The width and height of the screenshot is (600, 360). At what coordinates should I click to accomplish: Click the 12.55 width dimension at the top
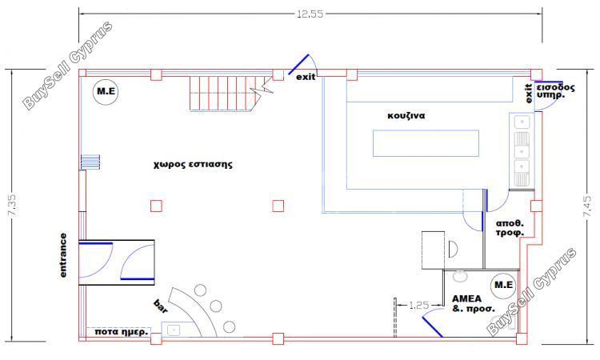pyautogui.click(x=310, y=14)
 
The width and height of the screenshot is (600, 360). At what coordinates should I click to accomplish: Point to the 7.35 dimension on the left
pyautogui.click(x=12, y=206)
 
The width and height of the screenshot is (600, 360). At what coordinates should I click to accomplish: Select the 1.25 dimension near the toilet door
pyautogui.click(x=418, y=306)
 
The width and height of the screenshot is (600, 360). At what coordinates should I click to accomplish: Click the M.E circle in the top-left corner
pyautogui.click(x=106, y=92)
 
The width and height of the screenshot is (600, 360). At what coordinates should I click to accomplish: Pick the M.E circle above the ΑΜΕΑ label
pyautogui.click(x=503, y=285)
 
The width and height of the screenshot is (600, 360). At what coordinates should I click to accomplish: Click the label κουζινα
pyautogui.click(x=406, y=115)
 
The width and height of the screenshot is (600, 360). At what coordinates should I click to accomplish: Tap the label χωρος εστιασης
pyautogui.click(x=193, y=165)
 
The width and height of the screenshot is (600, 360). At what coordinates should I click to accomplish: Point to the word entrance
pyautogui.click(x=63, y=255)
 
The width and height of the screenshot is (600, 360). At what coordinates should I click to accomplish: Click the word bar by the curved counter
pyautogui.click(x=161, y=306)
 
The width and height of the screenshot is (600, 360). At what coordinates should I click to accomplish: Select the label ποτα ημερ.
pyautogui.click(x=121, y=332)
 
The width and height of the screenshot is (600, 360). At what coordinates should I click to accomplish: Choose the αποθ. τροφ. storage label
pyautogui.click(x=510, y=228)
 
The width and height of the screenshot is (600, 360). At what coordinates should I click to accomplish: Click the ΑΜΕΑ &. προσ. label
pyautogui.click(x=473, y=303)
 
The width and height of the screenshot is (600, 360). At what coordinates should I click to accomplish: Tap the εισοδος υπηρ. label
pyautogui.click(x=556, y=91)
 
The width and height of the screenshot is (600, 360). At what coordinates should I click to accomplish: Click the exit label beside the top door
pyautogui.click(x=306, y=77)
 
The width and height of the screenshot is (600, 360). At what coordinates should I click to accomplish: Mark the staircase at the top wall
pyautogui.click(x=226, y=94)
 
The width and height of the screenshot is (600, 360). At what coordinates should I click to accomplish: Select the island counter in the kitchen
pyautogui.click(x=426, y=143)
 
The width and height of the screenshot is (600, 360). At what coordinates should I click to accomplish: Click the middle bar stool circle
pyautogui.click(x=216, y=306)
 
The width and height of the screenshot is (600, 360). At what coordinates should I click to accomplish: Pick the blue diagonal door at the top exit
pyautogui.click(x=298, y=64)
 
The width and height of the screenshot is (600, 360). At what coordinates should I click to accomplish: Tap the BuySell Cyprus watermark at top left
pyautogui.click(x=68, y=66)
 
